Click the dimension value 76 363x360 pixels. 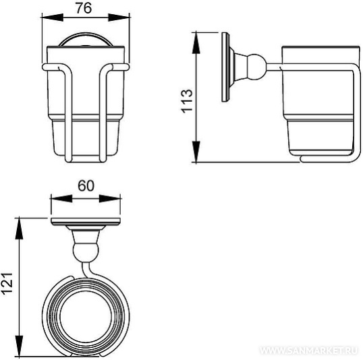84,9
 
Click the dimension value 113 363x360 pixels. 187,101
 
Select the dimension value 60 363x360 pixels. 86,186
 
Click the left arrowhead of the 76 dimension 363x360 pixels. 53,18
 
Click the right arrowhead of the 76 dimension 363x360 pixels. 119,18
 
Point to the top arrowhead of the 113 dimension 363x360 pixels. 196,43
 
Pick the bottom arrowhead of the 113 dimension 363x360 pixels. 196,152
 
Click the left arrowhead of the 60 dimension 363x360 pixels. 61,198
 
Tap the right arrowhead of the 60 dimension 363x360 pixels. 110,198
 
